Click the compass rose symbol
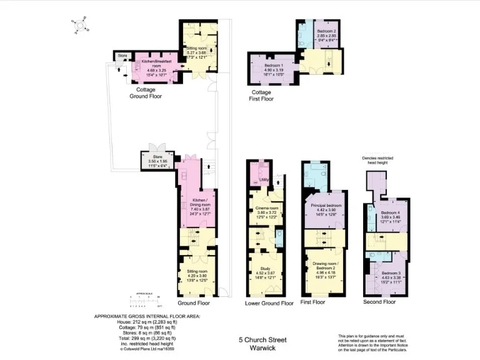(x=79, y=25)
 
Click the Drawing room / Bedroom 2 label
(x=326, y=268)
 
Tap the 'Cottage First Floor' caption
(x=262, y=95)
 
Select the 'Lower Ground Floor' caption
(x=269, y=303)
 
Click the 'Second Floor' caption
(x=379, y=302)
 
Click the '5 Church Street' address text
(x=262, y=339)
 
